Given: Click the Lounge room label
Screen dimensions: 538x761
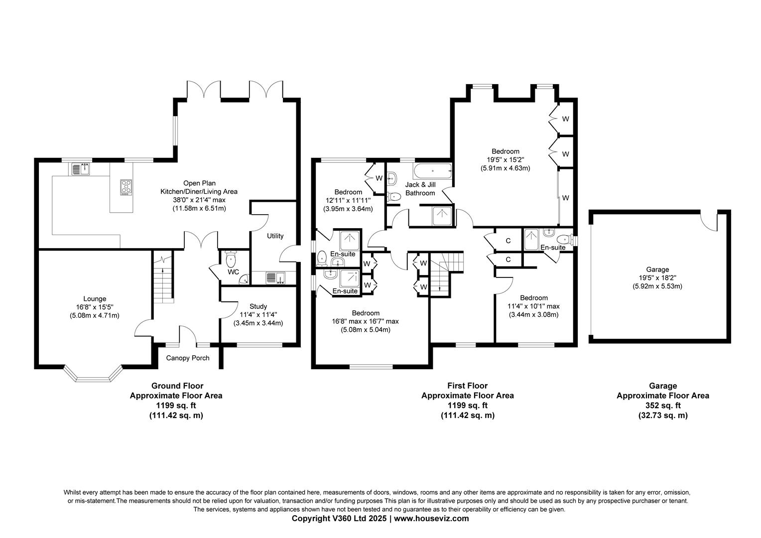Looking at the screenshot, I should click(95, 299).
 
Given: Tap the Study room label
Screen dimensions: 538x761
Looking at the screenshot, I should click(258, 306).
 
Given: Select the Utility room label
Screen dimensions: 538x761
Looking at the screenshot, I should click(275, 236).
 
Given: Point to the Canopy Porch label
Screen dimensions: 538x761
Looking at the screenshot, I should click(188, 358).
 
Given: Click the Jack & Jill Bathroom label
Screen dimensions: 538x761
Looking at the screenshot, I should click(420, 189).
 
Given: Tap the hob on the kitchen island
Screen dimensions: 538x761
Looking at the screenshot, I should click(126, 187).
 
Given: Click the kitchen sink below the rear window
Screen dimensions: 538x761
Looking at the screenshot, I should click(80, 169).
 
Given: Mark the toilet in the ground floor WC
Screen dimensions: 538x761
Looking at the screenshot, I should click(231, 259).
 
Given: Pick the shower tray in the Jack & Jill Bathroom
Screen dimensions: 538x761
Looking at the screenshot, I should click(440, 216).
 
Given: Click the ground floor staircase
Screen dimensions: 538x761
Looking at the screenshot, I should click(163, 284).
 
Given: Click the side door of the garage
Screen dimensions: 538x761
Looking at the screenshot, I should click(708, 219).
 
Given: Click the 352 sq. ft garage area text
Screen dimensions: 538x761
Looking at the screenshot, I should click(663, 405).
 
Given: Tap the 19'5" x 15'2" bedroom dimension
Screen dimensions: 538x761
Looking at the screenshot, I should click(505, 160).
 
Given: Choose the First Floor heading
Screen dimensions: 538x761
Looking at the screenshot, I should click(467, 386).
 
